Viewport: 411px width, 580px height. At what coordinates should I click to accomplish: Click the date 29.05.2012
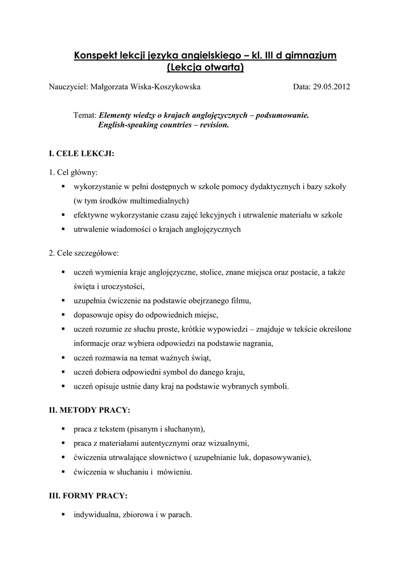(x=334, y=87)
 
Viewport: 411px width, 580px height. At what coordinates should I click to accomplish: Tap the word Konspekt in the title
(x=96, y=56)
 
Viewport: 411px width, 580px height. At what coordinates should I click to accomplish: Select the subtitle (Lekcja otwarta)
(x=205, y=68)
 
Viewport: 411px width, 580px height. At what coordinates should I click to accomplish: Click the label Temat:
(x=85, y=114)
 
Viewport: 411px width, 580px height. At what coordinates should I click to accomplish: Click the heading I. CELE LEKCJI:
(x=82, y=153)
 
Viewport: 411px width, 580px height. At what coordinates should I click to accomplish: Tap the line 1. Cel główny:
(x=73, y=172)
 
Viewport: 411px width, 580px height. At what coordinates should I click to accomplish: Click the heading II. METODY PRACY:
(x=90, y=409)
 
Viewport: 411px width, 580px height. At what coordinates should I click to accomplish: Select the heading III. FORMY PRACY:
(x=88, y=495)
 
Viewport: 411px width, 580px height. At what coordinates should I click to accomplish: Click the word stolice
(x=210, y=272)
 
